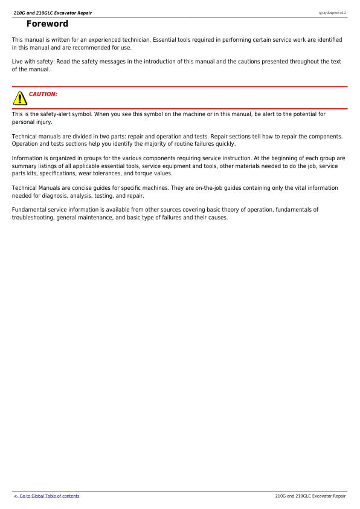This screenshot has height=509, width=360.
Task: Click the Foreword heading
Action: tap(47, 24)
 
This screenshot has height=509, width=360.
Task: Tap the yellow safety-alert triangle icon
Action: tap(20, 97)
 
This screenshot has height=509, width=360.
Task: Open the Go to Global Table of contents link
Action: tap(47, 496)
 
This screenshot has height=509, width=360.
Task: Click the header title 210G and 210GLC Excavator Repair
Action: tap(53, 12)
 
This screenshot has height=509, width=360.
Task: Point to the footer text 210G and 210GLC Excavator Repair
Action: tap(310, 496)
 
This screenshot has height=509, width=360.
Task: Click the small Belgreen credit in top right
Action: tap(332, 12)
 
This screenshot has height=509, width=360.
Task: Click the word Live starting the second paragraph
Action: tap(18, 62)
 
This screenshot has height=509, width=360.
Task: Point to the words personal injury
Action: tap(31, 122)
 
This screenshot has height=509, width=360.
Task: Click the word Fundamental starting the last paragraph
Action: tap(30, 210)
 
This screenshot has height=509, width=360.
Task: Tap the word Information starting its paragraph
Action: tap(28, 158)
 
